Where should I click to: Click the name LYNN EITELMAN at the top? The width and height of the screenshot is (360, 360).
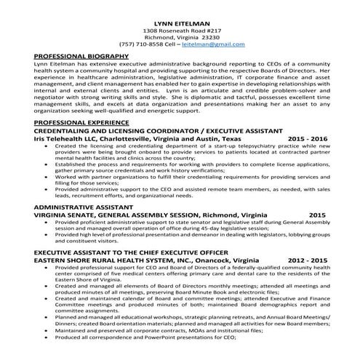point(180,21)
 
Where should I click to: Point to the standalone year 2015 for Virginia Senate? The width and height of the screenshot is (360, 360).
point(317,215)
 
